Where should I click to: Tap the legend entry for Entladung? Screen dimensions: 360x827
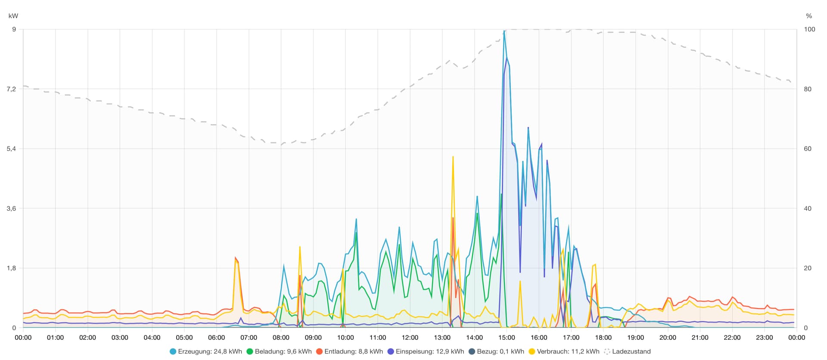[349, 351]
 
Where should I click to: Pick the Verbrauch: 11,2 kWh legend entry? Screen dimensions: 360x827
[564, 351]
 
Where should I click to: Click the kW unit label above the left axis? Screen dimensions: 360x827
[13, 16]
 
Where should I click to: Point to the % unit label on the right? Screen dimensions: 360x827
[808, 16]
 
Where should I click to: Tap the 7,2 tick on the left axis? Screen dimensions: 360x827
[11, 89]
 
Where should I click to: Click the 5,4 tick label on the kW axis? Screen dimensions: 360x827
[11, 149]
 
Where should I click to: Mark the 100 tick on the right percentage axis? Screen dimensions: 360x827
[809, 29]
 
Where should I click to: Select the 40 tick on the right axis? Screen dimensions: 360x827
[808, 208]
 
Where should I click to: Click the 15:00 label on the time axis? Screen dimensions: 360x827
[507, 338]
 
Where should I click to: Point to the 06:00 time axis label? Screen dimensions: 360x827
[217, 338]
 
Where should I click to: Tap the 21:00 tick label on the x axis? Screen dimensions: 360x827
[700, 338]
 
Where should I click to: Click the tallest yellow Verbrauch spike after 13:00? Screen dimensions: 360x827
[453, 157]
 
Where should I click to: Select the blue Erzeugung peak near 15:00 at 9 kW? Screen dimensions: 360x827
[504, 31]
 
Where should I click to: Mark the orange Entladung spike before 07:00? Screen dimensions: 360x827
[236, 258]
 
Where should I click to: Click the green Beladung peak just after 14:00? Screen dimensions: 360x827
[477, 214]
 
